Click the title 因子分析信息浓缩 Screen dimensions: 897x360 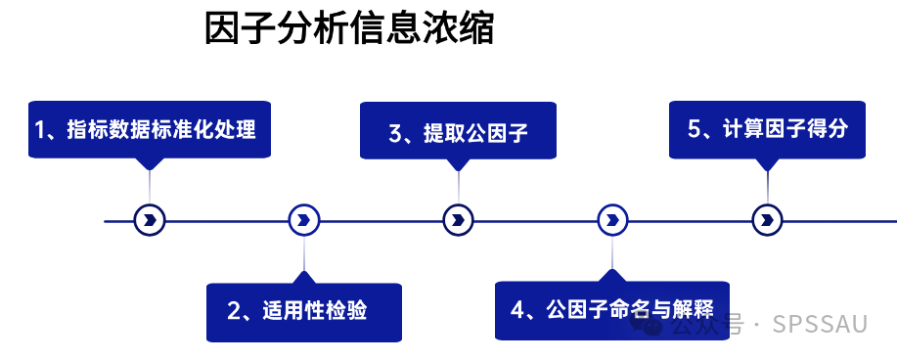point(349,29)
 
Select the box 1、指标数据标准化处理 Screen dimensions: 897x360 point(150,129)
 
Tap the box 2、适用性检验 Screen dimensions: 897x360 point(304,312)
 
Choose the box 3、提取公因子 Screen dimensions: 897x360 point(458,130)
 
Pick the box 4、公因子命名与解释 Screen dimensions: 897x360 point(612,311)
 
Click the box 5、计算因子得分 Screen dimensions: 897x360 point(767,130)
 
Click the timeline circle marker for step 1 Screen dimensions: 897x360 point(150,220)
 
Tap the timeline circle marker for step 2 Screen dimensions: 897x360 point(304,220)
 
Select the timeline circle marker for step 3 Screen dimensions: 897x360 point(458,220)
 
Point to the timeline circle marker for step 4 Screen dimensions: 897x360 point(612,220)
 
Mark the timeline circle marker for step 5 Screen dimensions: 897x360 point(767,220)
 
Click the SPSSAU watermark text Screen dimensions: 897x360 point(820,324)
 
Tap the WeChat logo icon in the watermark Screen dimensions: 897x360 point(647,325)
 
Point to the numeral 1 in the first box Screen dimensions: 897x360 point(40,130)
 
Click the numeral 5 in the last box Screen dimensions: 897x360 point(695,129)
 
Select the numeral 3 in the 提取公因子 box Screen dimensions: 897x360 point(396,133)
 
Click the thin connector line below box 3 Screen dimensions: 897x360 point(458,187)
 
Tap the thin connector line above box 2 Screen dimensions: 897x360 point(304,253)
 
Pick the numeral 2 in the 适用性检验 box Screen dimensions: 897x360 point(234,311)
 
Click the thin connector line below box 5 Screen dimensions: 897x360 point(767,187)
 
